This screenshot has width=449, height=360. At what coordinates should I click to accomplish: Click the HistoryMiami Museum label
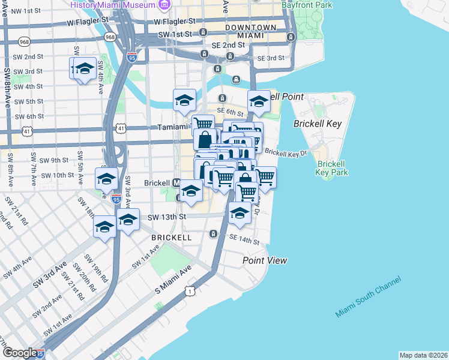(x=113, y=5)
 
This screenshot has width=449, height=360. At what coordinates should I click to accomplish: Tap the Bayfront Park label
(x=307, y=5)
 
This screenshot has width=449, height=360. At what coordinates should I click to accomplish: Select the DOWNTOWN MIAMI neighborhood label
(x=250, y=32)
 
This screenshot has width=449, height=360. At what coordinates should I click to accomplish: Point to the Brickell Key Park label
(x=332, y=167)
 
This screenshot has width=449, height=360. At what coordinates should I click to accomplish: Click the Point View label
(x=265, y=260)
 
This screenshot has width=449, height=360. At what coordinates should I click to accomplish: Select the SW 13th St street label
(x=167, y=217)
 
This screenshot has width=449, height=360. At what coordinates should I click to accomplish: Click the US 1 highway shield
(x=190, y=291)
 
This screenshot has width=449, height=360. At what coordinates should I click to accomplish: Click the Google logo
(x=19, y=353)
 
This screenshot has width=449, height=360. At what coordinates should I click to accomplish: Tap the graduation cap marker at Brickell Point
(x=259, y=101)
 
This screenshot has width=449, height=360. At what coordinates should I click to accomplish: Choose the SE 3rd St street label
(x=270, y=58)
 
